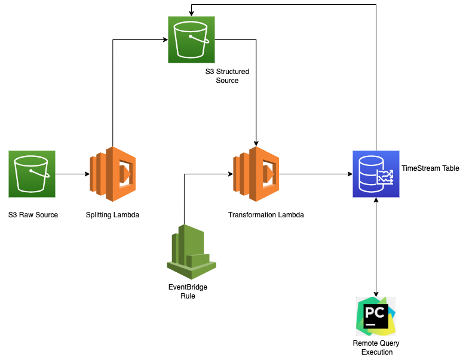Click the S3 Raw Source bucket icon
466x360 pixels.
point(32,174)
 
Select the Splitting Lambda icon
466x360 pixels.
point(113,174)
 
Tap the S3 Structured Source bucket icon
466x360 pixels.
point(191,39)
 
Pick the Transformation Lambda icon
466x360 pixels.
point(256,174)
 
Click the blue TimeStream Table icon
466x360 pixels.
point(376,174)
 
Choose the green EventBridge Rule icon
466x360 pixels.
point(191,251)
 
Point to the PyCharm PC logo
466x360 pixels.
point(376,316)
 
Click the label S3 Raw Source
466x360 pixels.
point(33,215)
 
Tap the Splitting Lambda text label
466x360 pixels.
point(112,215)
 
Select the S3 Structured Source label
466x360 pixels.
point(227,76)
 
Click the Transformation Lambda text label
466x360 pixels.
point(266,215)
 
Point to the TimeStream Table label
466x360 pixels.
point(430,168)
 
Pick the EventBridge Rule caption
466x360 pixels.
point(188,291)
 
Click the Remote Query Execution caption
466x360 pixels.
point(376,347)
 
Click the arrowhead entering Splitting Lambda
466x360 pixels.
point(87,174)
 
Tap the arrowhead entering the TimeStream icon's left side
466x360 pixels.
point(350,174)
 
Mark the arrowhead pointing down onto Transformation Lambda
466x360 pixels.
point(256,143)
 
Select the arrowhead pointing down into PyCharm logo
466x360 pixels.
point(376,294)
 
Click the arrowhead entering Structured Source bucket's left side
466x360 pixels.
point(165,39)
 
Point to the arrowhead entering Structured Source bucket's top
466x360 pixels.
point(191,13)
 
